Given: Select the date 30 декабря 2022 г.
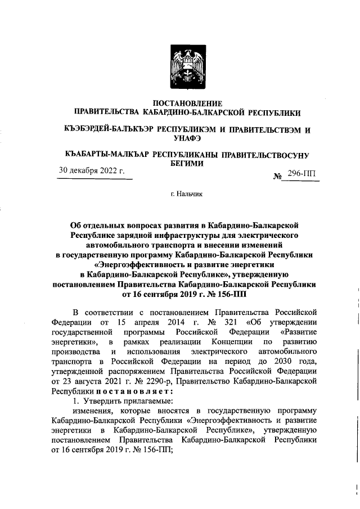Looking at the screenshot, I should tap(92, 170).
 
